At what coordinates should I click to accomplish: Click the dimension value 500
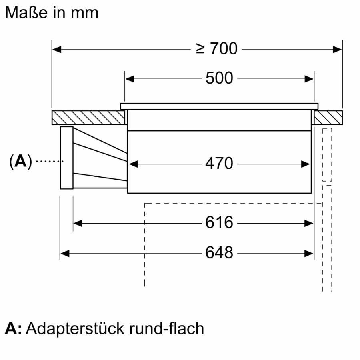point(219,78)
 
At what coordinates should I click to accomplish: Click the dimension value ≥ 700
point(216,49)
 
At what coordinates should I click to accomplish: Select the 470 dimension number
point(219,163)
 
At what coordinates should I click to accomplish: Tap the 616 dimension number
point(219,222)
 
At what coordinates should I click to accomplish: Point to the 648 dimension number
point(219,253)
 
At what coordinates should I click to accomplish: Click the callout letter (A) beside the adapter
point(20,161)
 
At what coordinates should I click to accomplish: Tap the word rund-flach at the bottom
point(167,329)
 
